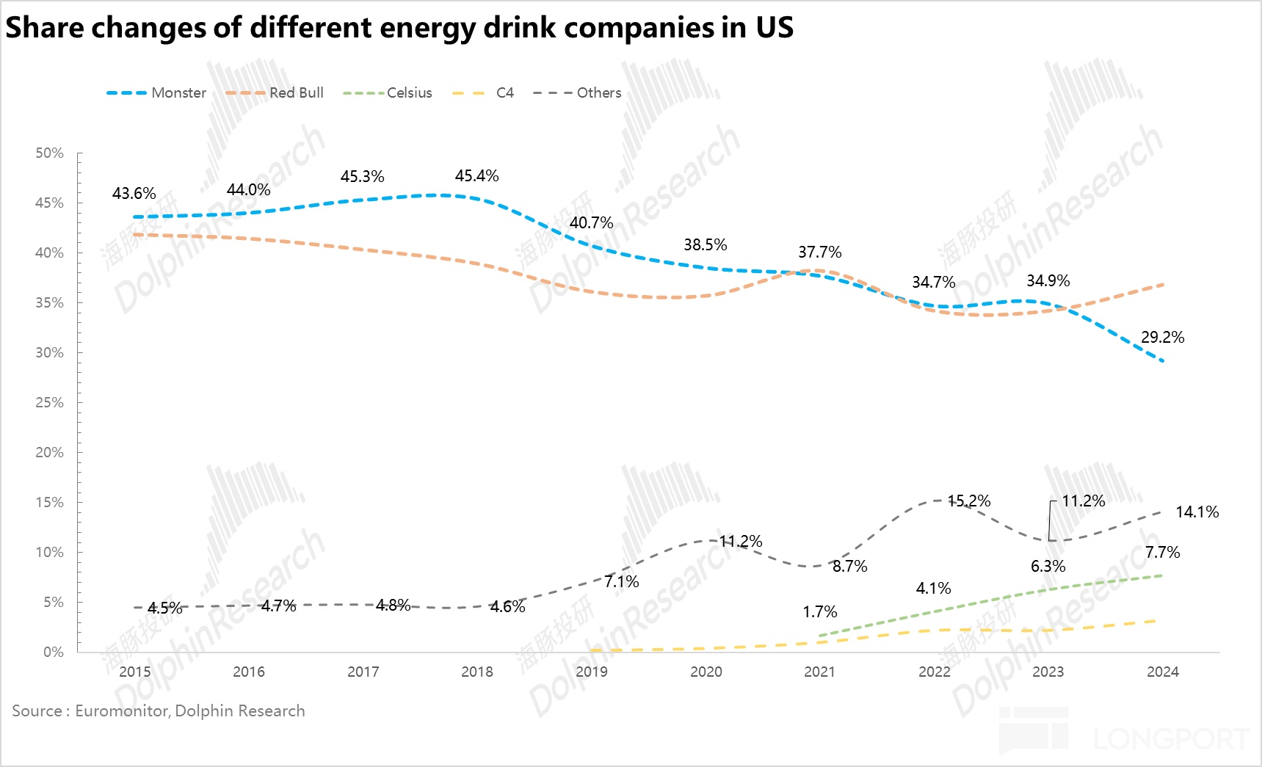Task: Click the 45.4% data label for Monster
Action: click(476, 176)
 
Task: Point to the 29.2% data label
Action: click(1162, 338)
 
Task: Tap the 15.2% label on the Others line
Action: click(968, 501)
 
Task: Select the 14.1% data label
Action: click(1197, 512)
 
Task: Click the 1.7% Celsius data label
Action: click(819, 612)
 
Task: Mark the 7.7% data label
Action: click(1162, 553)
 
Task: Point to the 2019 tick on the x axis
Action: click(591, 672)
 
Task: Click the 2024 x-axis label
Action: click(1162, 672)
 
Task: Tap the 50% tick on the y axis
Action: click(50, 153)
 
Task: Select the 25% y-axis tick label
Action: click(50, 403)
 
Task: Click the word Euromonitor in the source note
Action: click(121, 710)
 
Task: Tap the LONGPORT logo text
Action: click(1171, 739)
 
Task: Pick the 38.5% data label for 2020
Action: click(705, 245)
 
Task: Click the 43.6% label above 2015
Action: click(134, 194)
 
